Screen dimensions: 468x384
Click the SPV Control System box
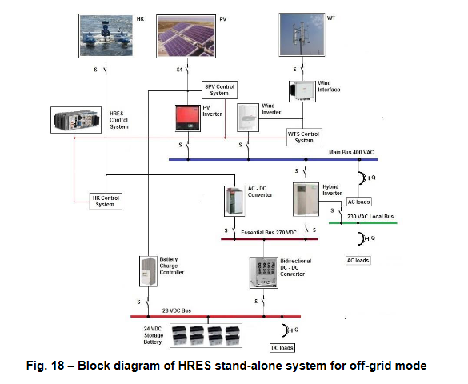pyautogui.click(x=219, y=90)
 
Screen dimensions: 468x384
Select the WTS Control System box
pyautogui.click(x=304, y=138)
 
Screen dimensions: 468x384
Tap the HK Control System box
pyautogui.click(x=106, y=201)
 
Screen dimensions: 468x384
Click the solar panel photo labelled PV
pyautogui.click(x=186, y=36)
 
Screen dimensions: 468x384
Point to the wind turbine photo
pyautogui.click(x=302, y=34)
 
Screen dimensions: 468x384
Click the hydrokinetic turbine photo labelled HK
pyautogui.click(x=106, y=36)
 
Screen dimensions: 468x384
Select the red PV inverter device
pyautogui.click(x=188, y=118)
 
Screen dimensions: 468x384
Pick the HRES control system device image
pyautogui.click(x=76, y=120)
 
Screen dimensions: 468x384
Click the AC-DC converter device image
pyautogui.click(x=234, y=201)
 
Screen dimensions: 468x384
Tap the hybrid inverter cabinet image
pyautogui.click(x=306, y=199)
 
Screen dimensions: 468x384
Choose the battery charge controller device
pyautogui.click(x=148, y=271)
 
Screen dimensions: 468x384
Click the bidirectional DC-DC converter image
pyautogui.click(x=263, y=273)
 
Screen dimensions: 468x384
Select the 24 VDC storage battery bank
pyautogui.click(x=206, y=336)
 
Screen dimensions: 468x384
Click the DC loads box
pyautogui.click(x=282, y=347)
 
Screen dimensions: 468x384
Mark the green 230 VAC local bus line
pyautogui.click(x=363, y=222)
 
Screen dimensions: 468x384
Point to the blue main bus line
pyautogui.click(x=274, y=160)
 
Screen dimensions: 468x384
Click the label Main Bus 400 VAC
pyautogui.click(x=351, y=153)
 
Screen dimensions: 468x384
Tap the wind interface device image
pyautogui.click(x=302, y=91)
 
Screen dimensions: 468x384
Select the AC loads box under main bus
pyautogui.click(x=358, y=202)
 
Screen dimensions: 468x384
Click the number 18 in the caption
pyautogui.click(x=58, y=366)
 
